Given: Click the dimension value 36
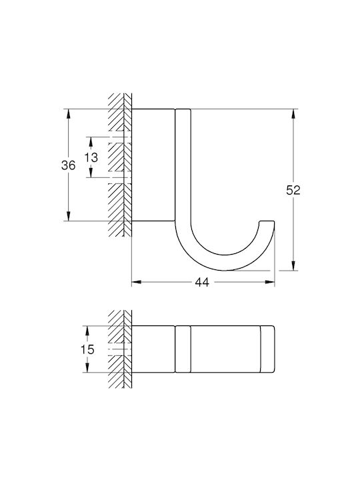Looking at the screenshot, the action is coord(68,165).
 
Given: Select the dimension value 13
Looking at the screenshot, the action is coord(91,157).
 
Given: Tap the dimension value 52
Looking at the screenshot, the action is coord(293,191).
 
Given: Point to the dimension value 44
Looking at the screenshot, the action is coord(202,282).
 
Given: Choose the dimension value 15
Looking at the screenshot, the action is coord(87,349).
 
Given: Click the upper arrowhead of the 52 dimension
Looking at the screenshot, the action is coord(293,114).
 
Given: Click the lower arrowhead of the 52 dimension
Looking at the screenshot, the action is coord(293,266).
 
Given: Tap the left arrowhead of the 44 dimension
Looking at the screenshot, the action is coord(137,282).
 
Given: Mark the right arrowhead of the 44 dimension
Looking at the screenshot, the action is coord(270,282).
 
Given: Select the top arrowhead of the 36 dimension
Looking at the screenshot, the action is coord(68,114).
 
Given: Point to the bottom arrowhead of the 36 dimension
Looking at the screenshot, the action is coord(68,216).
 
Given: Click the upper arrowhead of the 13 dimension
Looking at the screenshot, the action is coord(91,141).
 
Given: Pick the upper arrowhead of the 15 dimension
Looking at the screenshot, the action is coord(87,331).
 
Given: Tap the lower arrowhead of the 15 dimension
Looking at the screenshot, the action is coord(87,367).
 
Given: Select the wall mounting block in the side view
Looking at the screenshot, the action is coord(153,165).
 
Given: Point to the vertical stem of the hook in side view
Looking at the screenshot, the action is coord(183,165).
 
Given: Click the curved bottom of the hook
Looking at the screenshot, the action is coord(225,263).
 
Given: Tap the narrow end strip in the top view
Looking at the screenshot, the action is coord(267,349).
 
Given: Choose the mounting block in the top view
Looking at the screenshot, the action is coord(153,349).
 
